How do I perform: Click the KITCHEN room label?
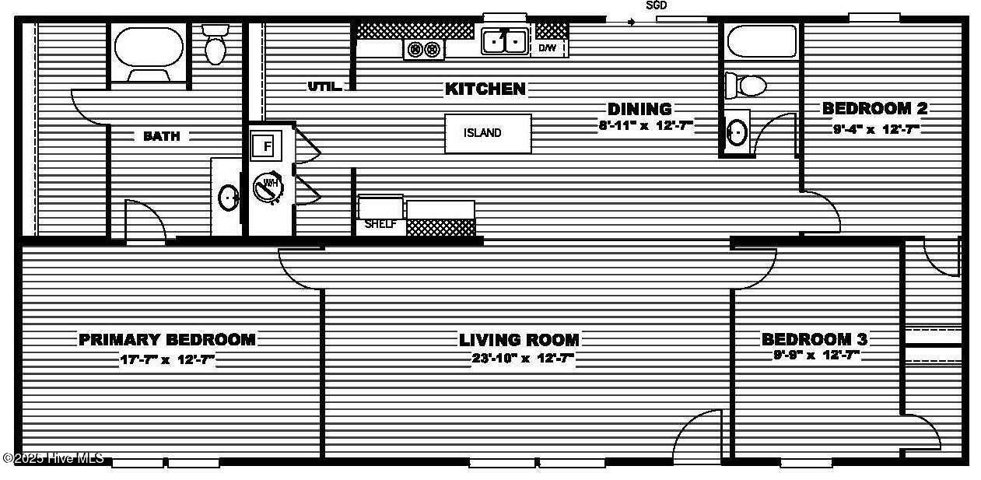pyautogui.click(x=485, y=89)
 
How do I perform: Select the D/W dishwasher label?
pyautogui.click(x=547, y=48)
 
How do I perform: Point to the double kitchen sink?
pyautogui.click(x=504, y=40)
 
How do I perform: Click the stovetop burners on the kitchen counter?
pyautogui.click(x=425, y=49)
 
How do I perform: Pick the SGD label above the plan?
pyautogui.click(x=657, y=5)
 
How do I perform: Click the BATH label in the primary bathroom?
pyautogui.click(x=162, y=136)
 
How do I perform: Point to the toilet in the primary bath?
pyautogui.click(x=215, y=45)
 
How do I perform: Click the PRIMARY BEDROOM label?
pyautogui.click(x=167, y=339)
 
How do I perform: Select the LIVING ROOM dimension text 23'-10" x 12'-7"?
pyautogui.click(x=523, y=359)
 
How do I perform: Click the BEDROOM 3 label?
pyautogui.click(x=814, y=339)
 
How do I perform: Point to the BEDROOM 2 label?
pyautogui.click(x=874, y=108)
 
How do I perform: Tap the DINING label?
pyautogui.click(x=639, y=109)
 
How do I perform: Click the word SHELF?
pyautogui.click(x=380, y=225)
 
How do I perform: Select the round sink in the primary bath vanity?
pyautogui.click(x=229, y=198)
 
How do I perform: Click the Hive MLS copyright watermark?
pyautogui.click(x=53, y=458)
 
